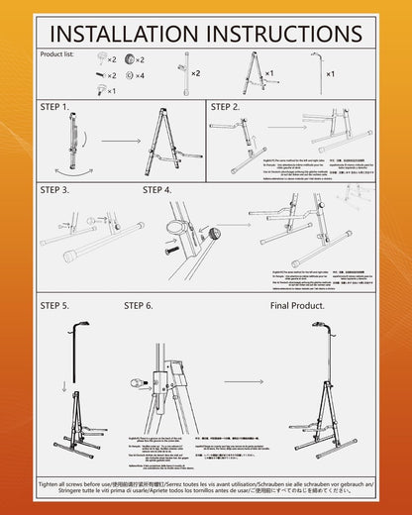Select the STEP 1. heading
pyautogui.click(x=54, y=106)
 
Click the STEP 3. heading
pyautogui.click(x=54, y=189)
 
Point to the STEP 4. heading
pyautogui.click(x=157, y=189)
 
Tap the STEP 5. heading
pyautogui.click(x=54, y=306)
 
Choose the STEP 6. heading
pyautogui.click(x=140, y=306)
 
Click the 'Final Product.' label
pyautogui.click(x=296, y=306)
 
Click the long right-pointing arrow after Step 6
pyautogui.click(x=244, y=379)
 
